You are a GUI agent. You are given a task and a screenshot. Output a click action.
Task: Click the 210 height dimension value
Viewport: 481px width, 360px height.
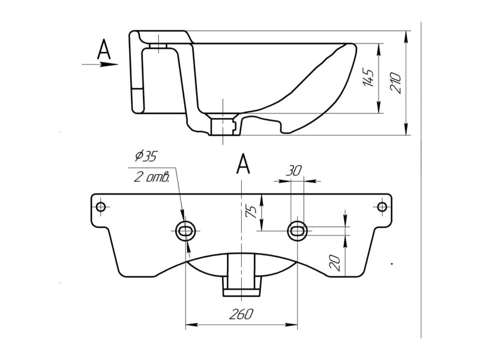(x=396, y=83)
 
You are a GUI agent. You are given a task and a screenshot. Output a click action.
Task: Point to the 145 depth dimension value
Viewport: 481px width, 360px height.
(x=368, y=78)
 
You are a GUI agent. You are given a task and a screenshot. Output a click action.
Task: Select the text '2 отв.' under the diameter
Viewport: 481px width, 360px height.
(x=151, y=177)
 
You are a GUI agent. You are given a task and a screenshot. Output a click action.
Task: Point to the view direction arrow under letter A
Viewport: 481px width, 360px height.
(x=100, y=64)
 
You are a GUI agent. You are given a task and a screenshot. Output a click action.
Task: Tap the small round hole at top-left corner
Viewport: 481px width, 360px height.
(x=101, y=207)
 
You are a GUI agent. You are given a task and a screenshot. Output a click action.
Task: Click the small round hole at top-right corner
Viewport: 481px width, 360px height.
(x=382, y=207)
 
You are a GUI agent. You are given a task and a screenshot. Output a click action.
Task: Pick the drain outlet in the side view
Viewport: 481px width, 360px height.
(x=224, y=126)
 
